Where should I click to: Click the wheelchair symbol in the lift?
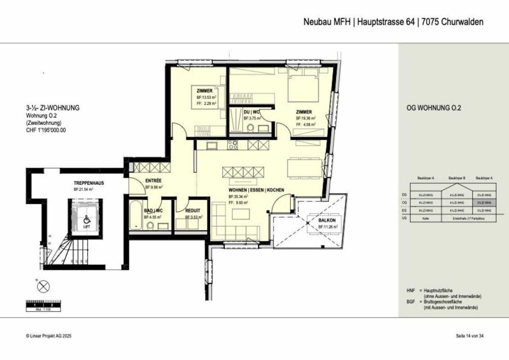(x=87, y=220)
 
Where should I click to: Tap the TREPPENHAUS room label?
(x=89, y=183)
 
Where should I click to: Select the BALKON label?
(x=327, y=221)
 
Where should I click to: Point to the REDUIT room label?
(x=193, y=211)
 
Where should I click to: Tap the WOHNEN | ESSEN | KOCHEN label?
(x=256, y=190)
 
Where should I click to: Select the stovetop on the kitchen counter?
(x=233, y=145)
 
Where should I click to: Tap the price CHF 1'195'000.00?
(x=46, y=130)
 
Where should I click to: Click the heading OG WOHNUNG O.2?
(x=433, y=108)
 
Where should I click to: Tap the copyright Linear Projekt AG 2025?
(x=49, y=336)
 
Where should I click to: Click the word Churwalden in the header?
(x=462, y=22)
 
